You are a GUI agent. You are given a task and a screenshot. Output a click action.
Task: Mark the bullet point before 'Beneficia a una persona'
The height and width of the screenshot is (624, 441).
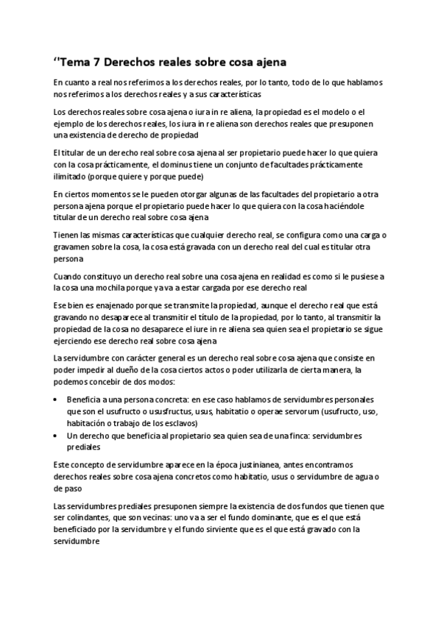58,398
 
